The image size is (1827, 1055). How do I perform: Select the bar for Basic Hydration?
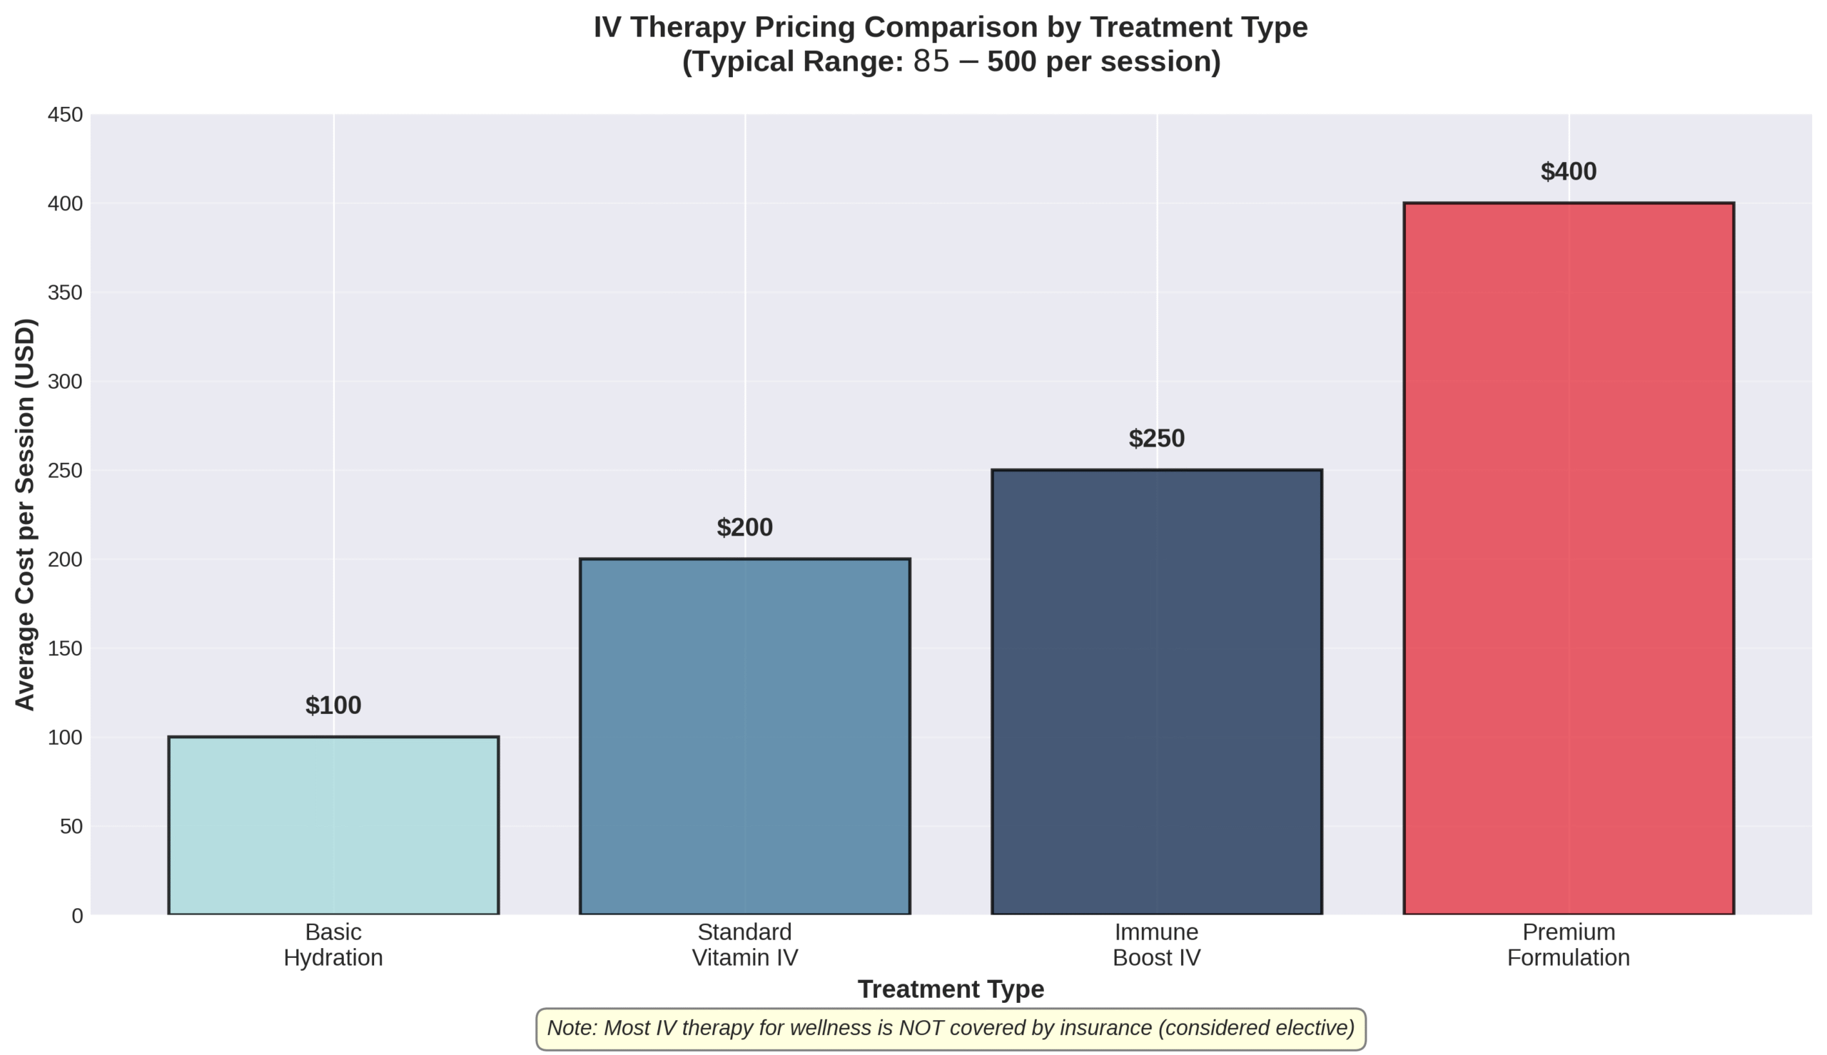[333, 825]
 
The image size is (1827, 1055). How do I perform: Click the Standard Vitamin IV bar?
[744, 736]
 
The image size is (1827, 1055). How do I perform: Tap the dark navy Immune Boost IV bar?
[1156, 692]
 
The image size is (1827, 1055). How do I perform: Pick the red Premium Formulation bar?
[1567, 558]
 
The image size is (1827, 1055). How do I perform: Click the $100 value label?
[333, 705]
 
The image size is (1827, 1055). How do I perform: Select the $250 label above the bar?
[1156, 439]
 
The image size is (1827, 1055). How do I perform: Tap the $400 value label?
[1567, 172]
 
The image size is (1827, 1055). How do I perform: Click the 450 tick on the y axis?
[65, 114]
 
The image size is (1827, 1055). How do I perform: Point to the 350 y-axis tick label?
[65, 292]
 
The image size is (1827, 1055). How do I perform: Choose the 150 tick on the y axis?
[65, 648]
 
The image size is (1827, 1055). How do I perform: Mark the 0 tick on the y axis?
[77, 916]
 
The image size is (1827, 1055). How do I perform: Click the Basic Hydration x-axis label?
[333, 945]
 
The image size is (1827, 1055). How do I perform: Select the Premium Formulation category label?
[1567, 945]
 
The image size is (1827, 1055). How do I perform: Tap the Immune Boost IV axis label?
[1156, 945]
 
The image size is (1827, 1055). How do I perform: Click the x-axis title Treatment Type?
[950, 989]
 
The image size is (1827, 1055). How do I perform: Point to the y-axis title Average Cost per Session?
[26, 514]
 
